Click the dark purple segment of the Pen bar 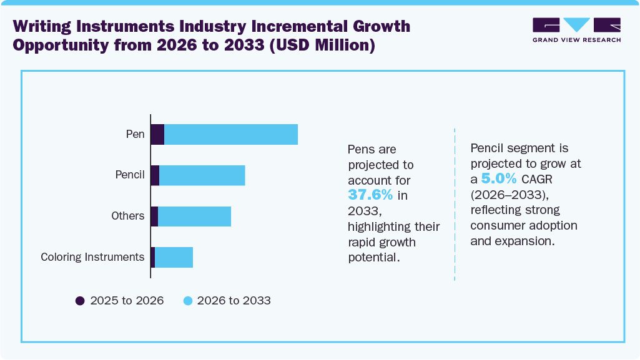157,134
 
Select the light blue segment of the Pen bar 230,134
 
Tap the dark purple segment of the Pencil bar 155,175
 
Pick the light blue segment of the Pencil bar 202,175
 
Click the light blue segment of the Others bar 194,216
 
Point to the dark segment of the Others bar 154,216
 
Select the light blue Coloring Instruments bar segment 174,257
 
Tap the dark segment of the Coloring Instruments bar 152,257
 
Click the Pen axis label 135,134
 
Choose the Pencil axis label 130,175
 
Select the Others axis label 127,216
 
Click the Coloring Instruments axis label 92,257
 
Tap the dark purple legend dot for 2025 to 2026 80,301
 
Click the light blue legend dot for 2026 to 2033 187,301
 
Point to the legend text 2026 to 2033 234,301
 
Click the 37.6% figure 370,195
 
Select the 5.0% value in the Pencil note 499,179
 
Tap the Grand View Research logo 576,30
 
